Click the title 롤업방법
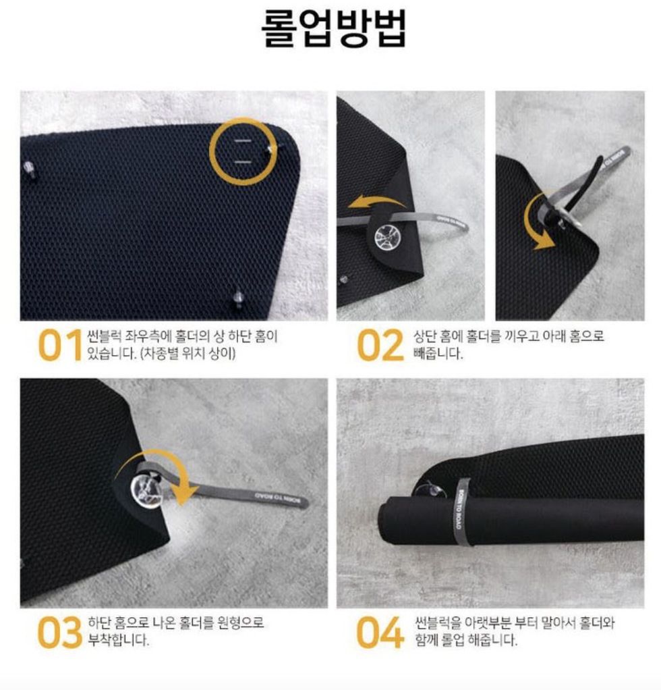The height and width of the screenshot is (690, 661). [334, 29]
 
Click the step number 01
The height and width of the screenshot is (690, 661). [60, 346]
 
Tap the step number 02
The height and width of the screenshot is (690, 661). [380, 346]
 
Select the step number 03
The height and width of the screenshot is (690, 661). [60, 633]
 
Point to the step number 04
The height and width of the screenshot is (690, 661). [380, 633]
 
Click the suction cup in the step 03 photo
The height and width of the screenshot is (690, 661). [146, 489]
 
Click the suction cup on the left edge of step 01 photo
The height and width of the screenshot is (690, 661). [28, 169]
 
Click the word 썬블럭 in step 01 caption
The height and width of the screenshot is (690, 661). [104, 337]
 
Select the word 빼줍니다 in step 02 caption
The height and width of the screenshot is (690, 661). [438, 353]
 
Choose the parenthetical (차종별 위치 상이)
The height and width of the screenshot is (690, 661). [188, 353]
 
